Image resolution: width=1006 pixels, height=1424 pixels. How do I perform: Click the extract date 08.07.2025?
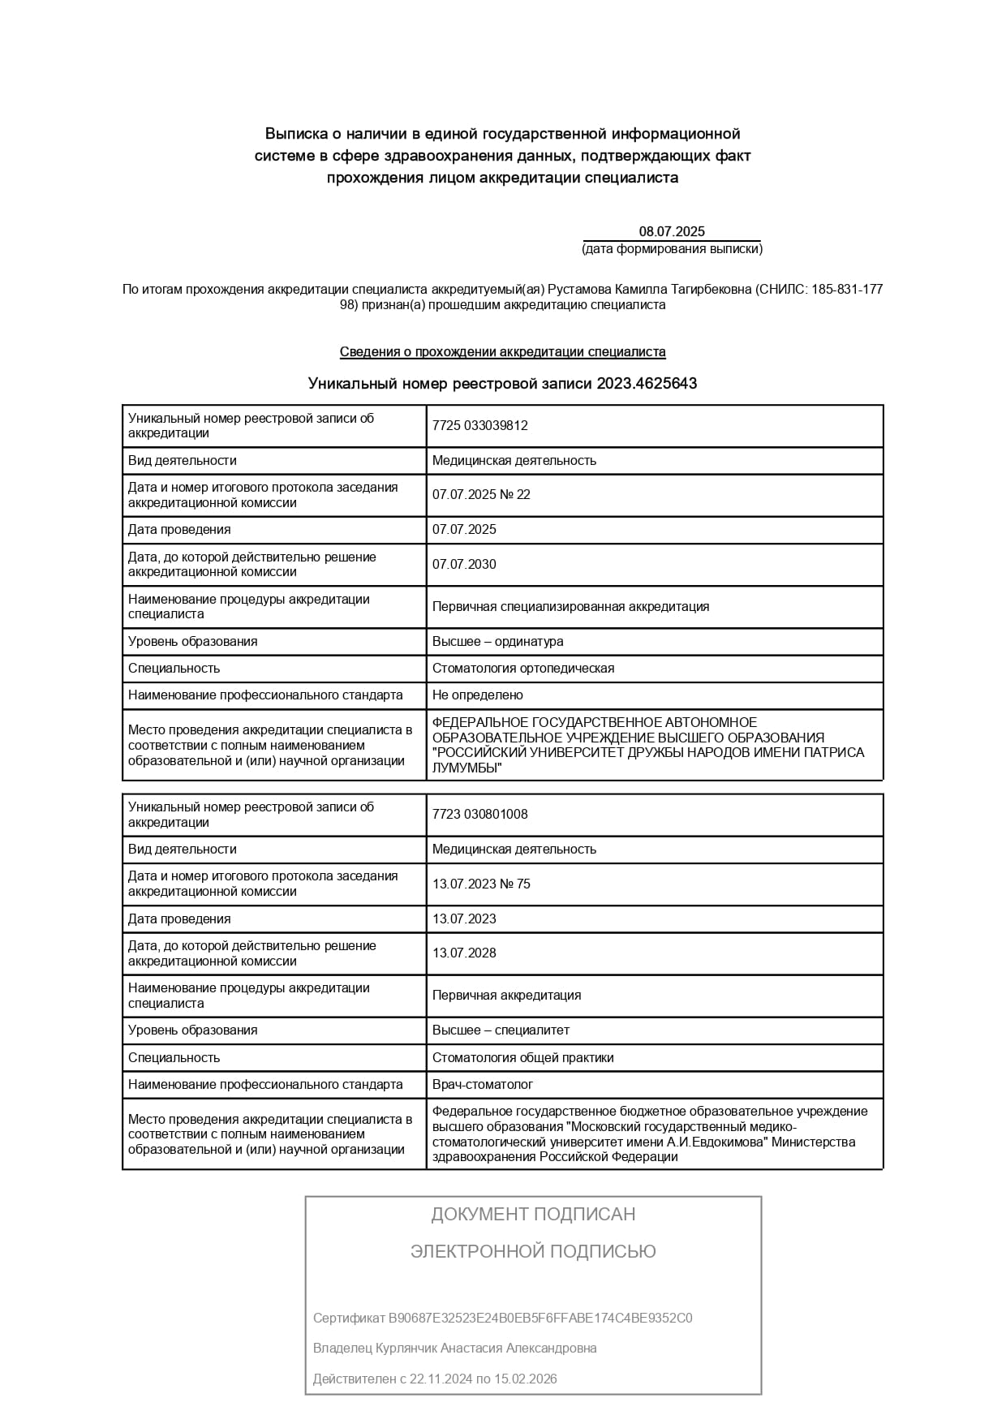(672, 232)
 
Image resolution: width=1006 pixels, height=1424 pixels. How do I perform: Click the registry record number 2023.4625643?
(647, 384)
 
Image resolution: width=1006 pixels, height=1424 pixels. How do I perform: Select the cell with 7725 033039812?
(480, 426)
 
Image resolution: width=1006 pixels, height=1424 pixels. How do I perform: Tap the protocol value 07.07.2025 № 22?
(481, 495)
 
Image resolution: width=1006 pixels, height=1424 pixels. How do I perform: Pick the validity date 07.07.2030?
(464, 565)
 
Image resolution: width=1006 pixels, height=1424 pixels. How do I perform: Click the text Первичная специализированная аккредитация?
(570, 607)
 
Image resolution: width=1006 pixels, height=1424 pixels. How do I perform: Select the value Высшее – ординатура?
(497, 642)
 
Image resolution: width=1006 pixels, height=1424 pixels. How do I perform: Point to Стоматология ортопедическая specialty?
(523, 669)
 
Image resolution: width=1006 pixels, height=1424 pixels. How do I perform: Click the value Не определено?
(477, 695)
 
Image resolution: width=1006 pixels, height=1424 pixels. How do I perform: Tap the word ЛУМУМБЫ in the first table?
(464, 768)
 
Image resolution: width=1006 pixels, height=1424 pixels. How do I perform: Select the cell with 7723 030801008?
(480, 815)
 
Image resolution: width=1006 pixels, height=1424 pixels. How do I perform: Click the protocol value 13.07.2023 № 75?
(481, 884)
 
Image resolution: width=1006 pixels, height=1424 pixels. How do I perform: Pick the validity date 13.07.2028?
(464, 953)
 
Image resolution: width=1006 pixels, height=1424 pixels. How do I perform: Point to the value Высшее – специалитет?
(501, 1030)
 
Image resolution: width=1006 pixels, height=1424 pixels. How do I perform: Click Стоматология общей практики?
(523, 1058)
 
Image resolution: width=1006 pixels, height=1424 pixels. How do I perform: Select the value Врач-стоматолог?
(483, 1085)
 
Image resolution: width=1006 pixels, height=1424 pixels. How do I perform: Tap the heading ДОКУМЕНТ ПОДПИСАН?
(533, 1215)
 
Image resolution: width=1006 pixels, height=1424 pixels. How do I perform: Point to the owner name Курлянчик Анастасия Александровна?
(485, 1349)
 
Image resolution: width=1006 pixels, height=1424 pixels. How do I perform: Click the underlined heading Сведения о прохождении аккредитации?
(502, 352)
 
